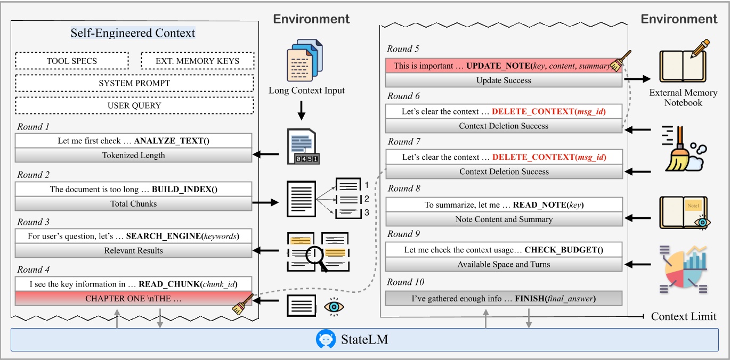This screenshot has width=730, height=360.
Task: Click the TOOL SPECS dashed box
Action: pos(72,61)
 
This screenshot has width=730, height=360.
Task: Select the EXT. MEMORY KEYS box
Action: pos(197,61)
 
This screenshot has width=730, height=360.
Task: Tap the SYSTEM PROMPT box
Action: pos(134,83)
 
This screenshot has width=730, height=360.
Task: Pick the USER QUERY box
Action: pos(134,105)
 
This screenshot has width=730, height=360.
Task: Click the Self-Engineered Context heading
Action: pos(133,33)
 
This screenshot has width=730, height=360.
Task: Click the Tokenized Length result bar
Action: pos(133,156)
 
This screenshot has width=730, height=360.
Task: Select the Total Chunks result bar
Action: pos(133,203)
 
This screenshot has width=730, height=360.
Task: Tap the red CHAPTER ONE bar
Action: pos(133,299)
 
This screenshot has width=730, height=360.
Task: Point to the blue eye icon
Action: pos(334,307)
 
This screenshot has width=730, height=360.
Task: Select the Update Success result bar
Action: pos(503,80)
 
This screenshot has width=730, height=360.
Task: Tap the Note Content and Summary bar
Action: pos(503,219)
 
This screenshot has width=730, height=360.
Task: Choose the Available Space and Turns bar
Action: pos(503,264)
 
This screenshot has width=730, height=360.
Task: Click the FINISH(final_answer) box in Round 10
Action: pos(503,298)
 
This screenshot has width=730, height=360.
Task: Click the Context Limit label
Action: pos(683,316)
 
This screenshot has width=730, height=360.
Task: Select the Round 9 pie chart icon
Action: pos(685,269)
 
